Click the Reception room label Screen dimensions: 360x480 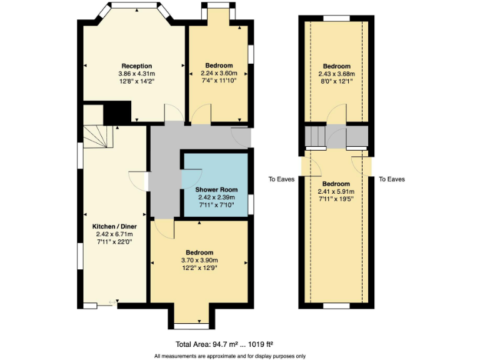[137, 66]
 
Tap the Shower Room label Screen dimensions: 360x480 [216, 189]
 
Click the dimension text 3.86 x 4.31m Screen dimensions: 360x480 [137, 73]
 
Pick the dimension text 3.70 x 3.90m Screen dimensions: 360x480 [199, 261]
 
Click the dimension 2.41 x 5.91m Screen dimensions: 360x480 [336, 192]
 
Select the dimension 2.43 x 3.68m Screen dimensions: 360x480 [336, 73]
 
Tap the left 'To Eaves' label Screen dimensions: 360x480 [281, 179]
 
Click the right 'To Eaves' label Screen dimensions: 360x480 [391, 179]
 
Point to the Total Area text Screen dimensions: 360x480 [224, 344]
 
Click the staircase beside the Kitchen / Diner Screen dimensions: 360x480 [96, 136]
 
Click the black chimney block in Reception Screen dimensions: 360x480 [116, 113]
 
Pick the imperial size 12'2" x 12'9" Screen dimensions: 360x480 [199, 268]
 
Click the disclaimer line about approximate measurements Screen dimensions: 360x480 [230, 356]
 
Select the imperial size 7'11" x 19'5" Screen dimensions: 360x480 [336, 199]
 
